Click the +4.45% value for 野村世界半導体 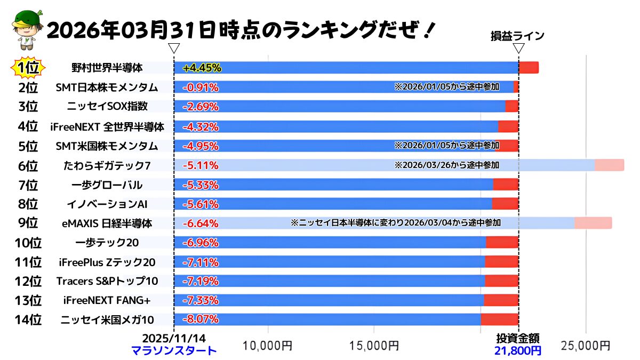coord(202,68)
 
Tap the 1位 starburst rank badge coord(28,68)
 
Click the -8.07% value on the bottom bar coord(201,319)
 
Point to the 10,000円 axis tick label coord(267,346)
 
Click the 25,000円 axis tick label coord(586,346)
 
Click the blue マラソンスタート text coord(174,350)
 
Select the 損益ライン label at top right coord(517,36)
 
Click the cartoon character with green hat coord(24,31)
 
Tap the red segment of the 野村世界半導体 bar coord(529,68)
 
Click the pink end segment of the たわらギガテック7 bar coord(609,165)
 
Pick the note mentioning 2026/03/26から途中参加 coord(447,165)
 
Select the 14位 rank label coord(28,319)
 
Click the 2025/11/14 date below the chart coord(174,338)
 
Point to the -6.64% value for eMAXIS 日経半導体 coord(201,223)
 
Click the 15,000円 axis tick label coord(374,346)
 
